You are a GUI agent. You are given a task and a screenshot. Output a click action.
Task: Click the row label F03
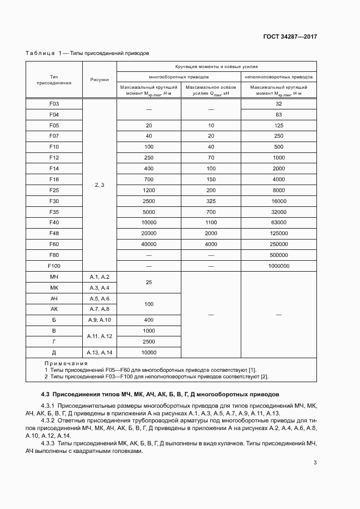click(x=54, y=103)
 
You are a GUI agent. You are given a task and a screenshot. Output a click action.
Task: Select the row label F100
click(x=54, y=266)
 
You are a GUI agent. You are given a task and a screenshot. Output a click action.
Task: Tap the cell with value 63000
click(x=278, y=222)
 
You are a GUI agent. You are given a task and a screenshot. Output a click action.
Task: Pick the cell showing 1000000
click(x=278, y=266)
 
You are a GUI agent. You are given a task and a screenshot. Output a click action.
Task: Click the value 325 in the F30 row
click(x=211, y=201)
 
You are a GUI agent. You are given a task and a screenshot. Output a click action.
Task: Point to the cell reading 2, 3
click(x=99, y=185)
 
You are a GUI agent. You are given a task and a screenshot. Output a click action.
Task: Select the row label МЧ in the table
click(x=54, y=277)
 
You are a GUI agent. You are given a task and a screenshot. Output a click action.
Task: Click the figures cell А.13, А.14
click(x=99, y=352)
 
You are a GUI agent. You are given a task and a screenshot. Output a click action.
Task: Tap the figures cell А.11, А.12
click(x=99, y=336)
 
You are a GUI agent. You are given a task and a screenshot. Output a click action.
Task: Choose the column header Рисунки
click(x=99, y=79)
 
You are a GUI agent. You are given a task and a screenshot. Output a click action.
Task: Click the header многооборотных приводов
click(x=179, y=77)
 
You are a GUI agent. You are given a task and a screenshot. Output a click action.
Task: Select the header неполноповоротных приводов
click(x=278, y=77)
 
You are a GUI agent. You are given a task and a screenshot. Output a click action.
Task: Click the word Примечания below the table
click(x=66, y=364)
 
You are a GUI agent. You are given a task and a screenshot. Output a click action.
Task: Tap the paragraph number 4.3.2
click(x=48, y=421)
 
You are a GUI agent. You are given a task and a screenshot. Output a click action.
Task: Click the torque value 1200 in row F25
click(x=149, y=190)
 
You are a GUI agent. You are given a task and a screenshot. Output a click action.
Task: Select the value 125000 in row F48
click(x=278, y=233)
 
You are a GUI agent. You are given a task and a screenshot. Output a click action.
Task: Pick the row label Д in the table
click(x=54, y=352)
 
